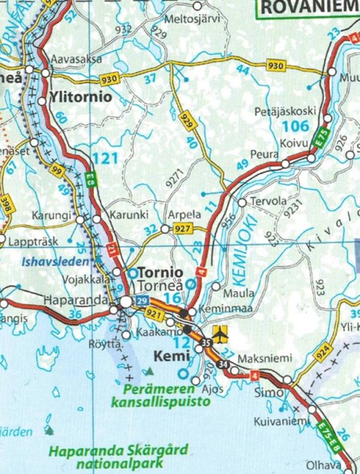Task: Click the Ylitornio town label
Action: click(81, 98)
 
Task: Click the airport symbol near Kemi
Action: click(219, 333)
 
